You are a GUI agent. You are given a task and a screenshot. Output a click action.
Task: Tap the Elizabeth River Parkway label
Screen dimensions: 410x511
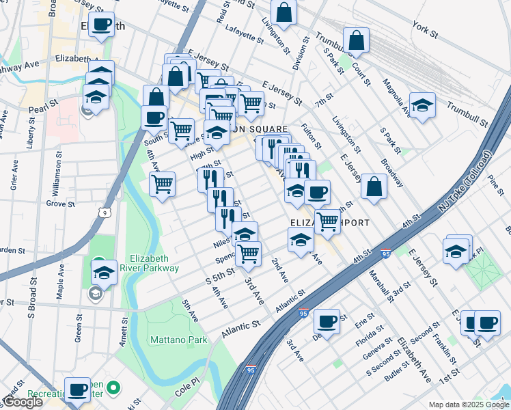154,263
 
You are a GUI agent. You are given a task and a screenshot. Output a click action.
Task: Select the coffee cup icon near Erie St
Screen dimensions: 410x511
327,320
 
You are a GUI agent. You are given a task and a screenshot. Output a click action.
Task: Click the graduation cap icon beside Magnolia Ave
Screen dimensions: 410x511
422,105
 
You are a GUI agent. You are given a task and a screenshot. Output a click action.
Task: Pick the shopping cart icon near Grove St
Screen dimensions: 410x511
162,183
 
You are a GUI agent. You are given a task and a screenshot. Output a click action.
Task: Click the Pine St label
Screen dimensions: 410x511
495,184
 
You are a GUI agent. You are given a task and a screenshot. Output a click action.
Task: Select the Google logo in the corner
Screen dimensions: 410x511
22,402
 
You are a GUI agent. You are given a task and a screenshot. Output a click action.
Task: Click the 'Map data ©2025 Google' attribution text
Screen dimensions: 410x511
468,405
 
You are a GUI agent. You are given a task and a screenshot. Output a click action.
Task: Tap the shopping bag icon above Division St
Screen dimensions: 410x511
284,12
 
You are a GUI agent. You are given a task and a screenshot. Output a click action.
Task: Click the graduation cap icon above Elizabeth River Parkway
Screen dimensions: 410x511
104,273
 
